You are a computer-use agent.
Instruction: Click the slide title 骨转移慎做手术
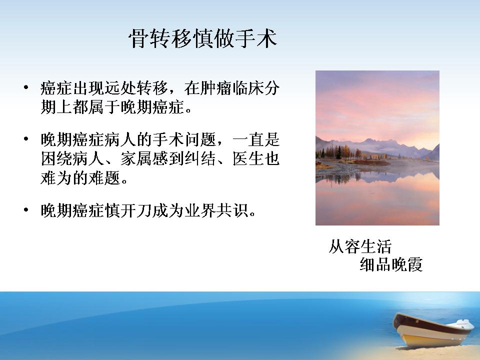click(x=203, y=39)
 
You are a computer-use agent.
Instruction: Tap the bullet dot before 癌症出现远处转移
click(x=26, y=88)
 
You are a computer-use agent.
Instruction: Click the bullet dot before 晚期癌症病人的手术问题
click(x=26, y=139)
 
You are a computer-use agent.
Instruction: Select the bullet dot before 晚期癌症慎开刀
click(x=26, y=210)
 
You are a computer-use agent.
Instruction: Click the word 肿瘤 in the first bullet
click(x=207, y=88)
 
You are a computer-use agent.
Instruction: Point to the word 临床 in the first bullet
click(x=239, y=88)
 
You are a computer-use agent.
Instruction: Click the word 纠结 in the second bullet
click(x=200, y=159)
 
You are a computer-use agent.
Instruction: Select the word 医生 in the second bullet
click(x=247, y=159)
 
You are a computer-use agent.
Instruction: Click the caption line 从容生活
click(x=360, y=246)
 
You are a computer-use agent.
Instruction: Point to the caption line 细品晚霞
click(x=391, y=264)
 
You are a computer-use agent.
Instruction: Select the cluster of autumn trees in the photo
click(x=340, y=152)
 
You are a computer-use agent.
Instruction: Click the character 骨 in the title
click(x=138, y=39)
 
